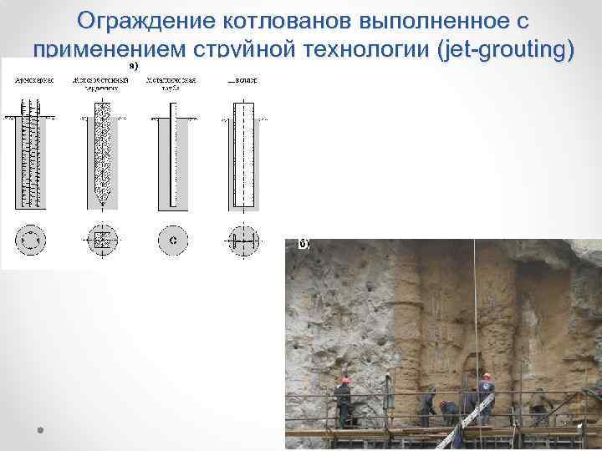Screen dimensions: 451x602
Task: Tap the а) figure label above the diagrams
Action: pyautogui.click(x=133, y=64)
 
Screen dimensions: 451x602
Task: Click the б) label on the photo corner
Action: pyautogui.click(x=304, y=244)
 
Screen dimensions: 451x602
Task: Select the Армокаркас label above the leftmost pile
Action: pyautogui.click(x=32, y=81)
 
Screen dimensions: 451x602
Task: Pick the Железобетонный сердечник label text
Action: pyautogui.click(x=100, y=84)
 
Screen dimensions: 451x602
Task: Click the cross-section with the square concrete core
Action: pyautogui.click(x=101, y=241)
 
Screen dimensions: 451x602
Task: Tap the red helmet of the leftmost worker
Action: pyautogui.click(x=344, y=380)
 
